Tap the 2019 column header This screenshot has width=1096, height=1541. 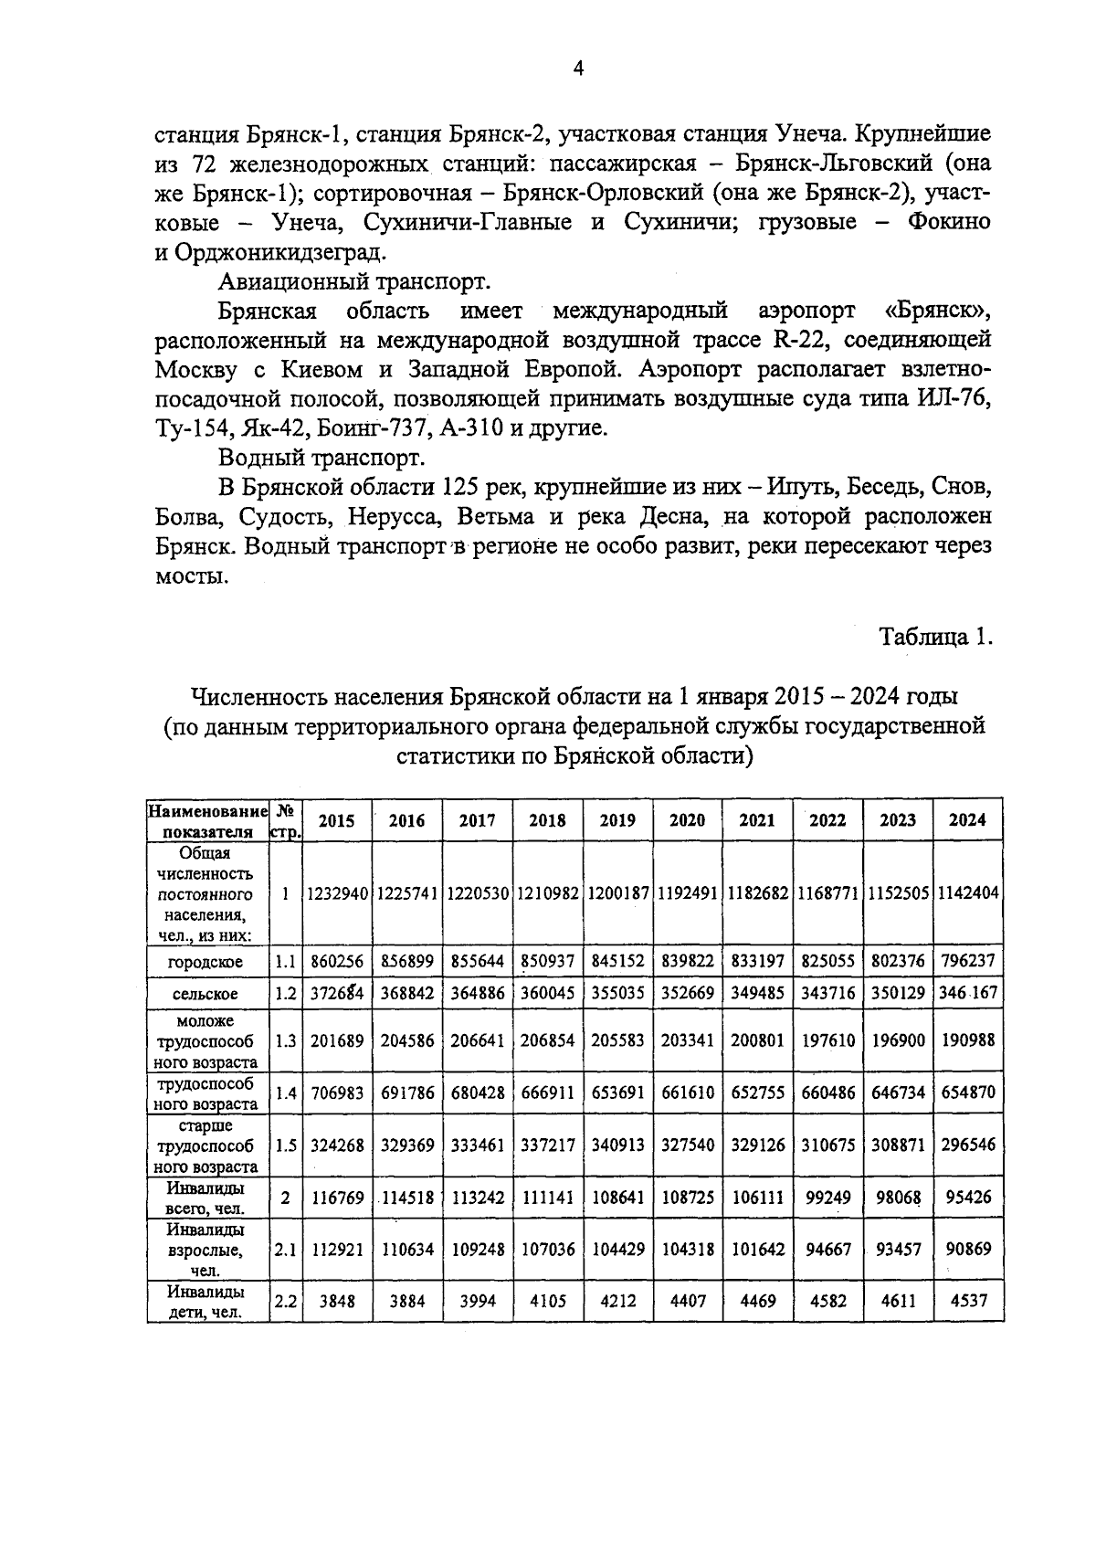coord(616,820)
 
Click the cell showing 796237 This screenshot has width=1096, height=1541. coord(968,961)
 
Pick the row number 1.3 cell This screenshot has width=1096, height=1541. coord(286,1040)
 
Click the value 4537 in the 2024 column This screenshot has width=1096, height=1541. coord(968,1300)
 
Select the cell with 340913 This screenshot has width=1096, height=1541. coord(616,1145)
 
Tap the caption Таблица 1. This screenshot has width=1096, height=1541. coord(934,637)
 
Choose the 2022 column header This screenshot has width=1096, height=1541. coord(827,820)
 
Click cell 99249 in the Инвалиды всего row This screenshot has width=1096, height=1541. coord(827,1197)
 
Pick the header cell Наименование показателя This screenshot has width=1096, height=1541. coord(207,820)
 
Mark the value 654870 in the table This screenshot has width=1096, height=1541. coord(968,1092)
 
